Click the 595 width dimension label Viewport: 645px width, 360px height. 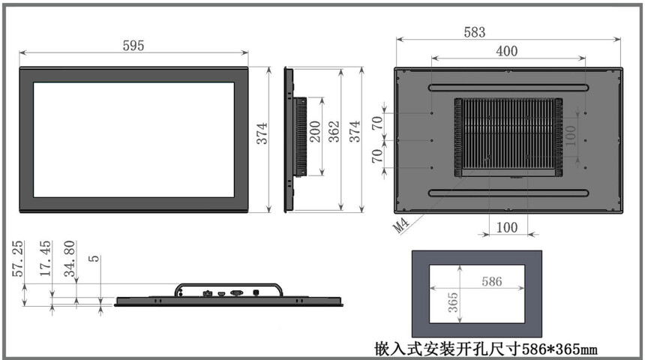click(x=133, y=45)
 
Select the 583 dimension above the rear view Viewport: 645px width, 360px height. click(x=475, y=32)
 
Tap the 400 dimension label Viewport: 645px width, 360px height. click(x=507, y=51)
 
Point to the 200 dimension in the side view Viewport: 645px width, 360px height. click(x=315, y=132)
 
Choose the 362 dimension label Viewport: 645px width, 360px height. click(x=334, y=132)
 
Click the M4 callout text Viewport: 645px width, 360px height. click(x=400, y=225)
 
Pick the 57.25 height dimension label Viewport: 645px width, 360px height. click(x=18, y=259)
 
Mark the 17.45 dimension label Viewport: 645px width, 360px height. click(x=45, y=259)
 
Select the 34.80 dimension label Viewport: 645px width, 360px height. click(x=70, y=259)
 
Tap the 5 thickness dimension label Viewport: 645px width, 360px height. click(x=94, y=259)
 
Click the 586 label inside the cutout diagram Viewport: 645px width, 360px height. click(x=492, y=281)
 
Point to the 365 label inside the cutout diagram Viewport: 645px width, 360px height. click(x=453, y=302)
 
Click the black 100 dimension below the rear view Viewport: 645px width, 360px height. click(x=507, y=227)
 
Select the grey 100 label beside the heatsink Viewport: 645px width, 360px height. click(x=571, y=136)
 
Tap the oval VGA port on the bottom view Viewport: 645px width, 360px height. click(x=236, y=293)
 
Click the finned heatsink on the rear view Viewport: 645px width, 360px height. click(x=508, y=137)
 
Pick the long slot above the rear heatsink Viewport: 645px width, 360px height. click(x=508, y=88)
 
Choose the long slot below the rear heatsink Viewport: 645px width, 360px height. click(x=508, y=193)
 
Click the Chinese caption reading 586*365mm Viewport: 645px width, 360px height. click(x=486, y=349)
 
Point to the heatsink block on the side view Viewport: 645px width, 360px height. click(x=300, y=137)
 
